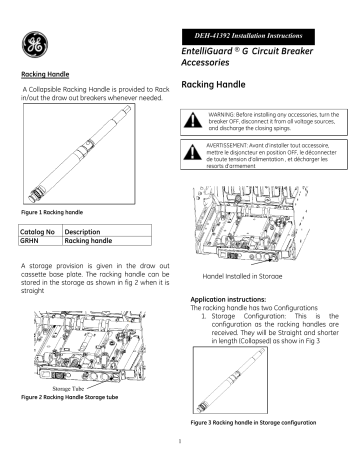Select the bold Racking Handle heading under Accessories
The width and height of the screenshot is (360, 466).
[x=219, y=87]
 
